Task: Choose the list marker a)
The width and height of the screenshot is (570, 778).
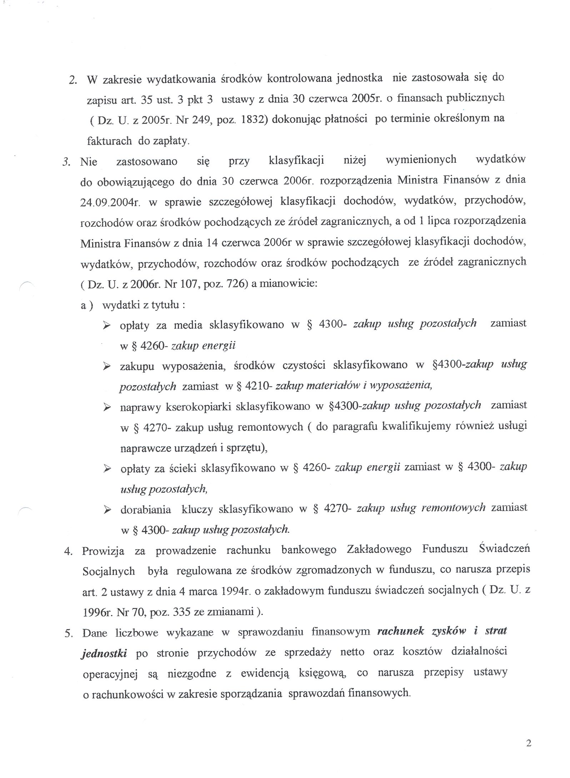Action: tap(87, 306)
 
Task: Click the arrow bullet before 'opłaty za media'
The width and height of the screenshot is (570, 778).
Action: tap(106, 325)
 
